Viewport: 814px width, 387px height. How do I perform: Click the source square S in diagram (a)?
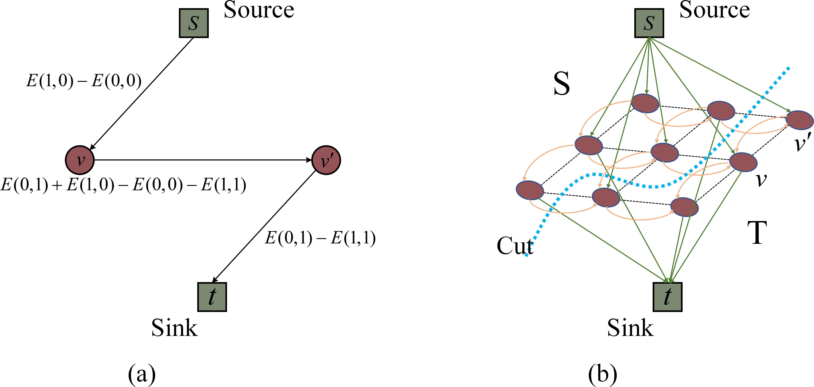[194, 23]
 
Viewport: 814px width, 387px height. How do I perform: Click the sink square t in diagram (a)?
[212, 297]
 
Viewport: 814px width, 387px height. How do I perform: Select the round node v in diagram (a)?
[80, 160]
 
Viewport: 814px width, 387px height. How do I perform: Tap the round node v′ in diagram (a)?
[326, 160]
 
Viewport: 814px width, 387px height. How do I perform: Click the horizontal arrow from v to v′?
[202, 160]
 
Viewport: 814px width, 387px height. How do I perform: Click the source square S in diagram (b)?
[649, 23]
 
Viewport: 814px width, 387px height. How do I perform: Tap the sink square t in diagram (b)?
[667, 297]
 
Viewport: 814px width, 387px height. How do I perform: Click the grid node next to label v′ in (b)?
[799, 120]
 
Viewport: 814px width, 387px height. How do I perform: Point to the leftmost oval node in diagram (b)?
[530, 190]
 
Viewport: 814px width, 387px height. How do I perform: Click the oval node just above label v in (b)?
[743, 162]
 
